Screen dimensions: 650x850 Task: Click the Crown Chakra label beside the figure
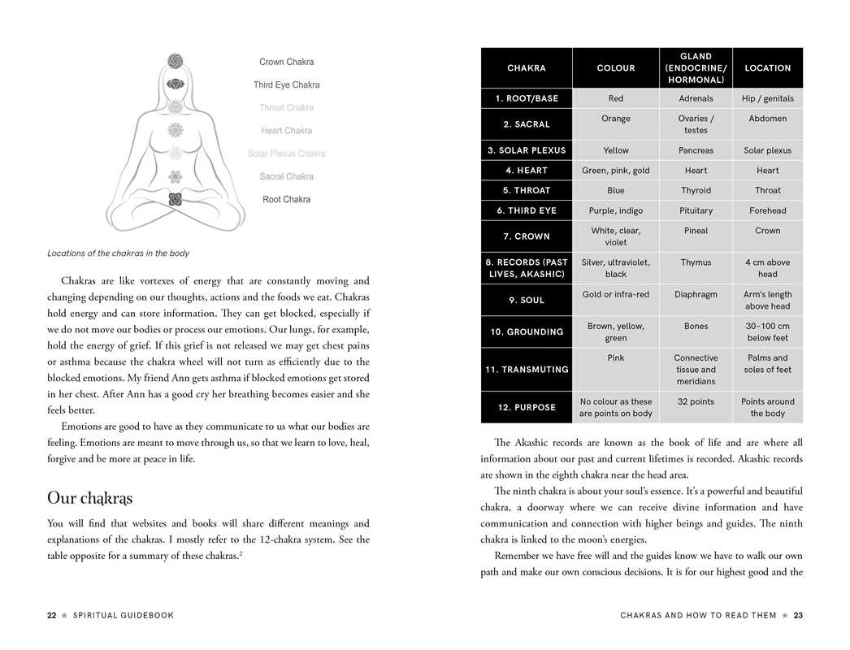pyautogui.click(x=286, y=62)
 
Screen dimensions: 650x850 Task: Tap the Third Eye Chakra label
pyautogui.click(x=286, y=84)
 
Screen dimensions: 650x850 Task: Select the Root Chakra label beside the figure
pyautogui.click(x=286, y=199)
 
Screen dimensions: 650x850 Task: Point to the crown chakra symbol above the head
pyautogui.click(x=175, y=60)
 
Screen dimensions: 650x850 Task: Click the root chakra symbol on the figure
pyautogui.click(x=175, y=199)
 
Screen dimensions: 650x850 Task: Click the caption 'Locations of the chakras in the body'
pyautogui.click(x=118, y=253)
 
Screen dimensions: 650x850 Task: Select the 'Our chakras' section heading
pyautogui.click(x=89, y=497)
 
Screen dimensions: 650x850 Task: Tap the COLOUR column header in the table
pyautogui.click(x=615, y=68)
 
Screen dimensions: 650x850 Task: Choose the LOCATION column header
pyautogui.click(x=767, y=68)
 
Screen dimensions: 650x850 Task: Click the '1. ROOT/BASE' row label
pyautogui.click(x=527, y=98)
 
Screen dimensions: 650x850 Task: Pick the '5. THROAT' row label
pyautogui.click(x=527, y=190)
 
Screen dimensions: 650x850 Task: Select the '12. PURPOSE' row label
pyautogui.click(x=527, y=407)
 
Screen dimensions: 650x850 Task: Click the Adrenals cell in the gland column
pyautogui.click(x=696, y=98)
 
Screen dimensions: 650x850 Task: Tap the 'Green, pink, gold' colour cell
pyautogui.click(x=615, y=171)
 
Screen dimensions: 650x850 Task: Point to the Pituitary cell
pyautogui.click(x=696, y=210)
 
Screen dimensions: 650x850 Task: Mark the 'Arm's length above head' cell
pyautogui.click(x=767, y=300)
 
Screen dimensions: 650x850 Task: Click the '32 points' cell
pyautogui.click(x=696, y=401)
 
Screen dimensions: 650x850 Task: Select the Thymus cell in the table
pyautogui.click(x=696, y=262)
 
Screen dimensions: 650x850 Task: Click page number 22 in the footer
pyautogui.click(x=51, y=616)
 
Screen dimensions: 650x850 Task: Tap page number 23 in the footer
pyautogui.click(x=798, y=616)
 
